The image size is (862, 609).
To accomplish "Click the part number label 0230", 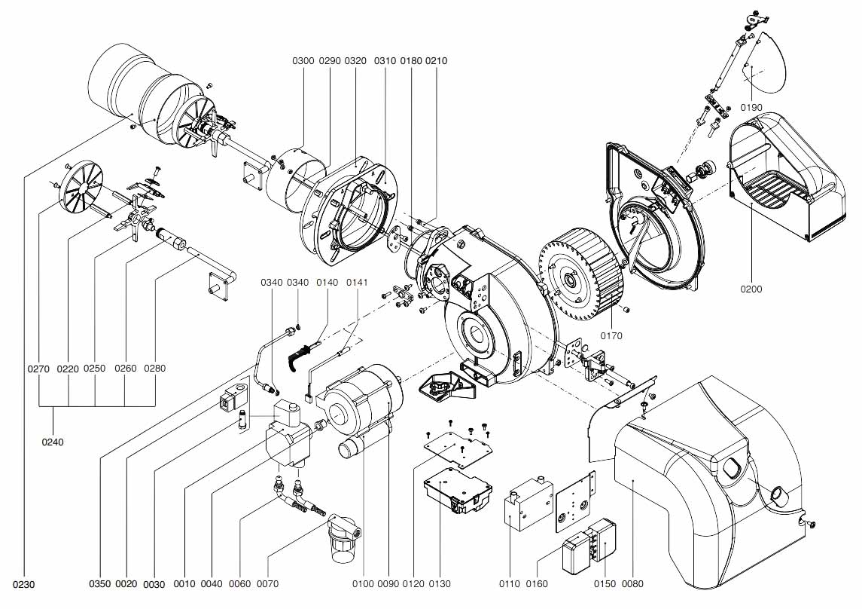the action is coord(23,585).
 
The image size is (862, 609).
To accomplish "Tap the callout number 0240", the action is coord(53,442).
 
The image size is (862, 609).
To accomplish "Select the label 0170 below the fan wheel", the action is coord(611,335).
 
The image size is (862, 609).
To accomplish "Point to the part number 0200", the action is coord(751,289).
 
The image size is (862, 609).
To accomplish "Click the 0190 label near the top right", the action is coord(751,107).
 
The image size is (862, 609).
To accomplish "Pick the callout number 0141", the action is coord(357,282).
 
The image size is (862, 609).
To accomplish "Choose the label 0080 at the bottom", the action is coord(632,583).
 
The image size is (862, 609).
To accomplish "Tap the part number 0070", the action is coord(267,583).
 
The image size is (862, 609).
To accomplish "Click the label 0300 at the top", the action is coord(303,60).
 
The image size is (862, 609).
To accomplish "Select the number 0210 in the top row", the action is coord(436,60).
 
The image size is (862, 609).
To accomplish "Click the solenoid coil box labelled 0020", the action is coord(234,400).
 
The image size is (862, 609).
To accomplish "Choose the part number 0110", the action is coord(509,583).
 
